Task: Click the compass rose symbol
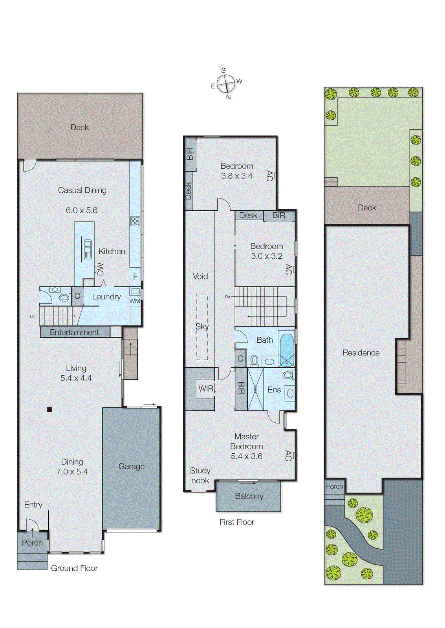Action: pyautogui.click(x=226, y=83)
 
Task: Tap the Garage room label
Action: pyautogui.click(x=132, y=466)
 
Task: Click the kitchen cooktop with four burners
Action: pyautogui.click(x=135, y=221)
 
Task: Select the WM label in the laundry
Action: pyautogui.click(x=135, y=301)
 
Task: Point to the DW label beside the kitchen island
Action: pyautogui.click(x=101, y=269)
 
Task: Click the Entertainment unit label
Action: pyautogui.click(x=74, y=332)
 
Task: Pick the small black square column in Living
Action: pyautogui.click(x=49, y=409)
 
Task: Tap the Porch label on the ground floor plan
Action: pyautogui.click(x=32, y=543)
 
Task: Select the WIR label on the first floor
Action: pyautogui.click(x=206, y=389)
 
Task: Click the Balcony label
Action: pyautogui.click(x=249, y=496)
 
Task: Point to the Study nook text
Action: pyautogui.click(x=200, y=475)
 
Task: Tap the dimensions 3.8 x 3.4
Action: pyautogui.click(x=236, y=176)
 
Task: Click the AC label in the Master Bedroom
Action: pyautogui.click(x=288, y=455)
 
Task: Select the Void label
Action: pyautogui.click(x=200, y=276)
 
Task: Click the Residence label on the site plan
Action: pyautogui.click(x=361, y=353)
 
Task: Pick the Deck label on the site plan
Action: pyautogui.click(x=367, y=208)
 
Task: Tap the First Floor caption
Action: pyautogui.click(x=237, y=522)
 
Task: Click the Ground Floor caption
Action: pyautogui.click(x=74, y=568)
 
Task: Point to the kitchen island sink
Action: pyautogui.click(x=88, y=248)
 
